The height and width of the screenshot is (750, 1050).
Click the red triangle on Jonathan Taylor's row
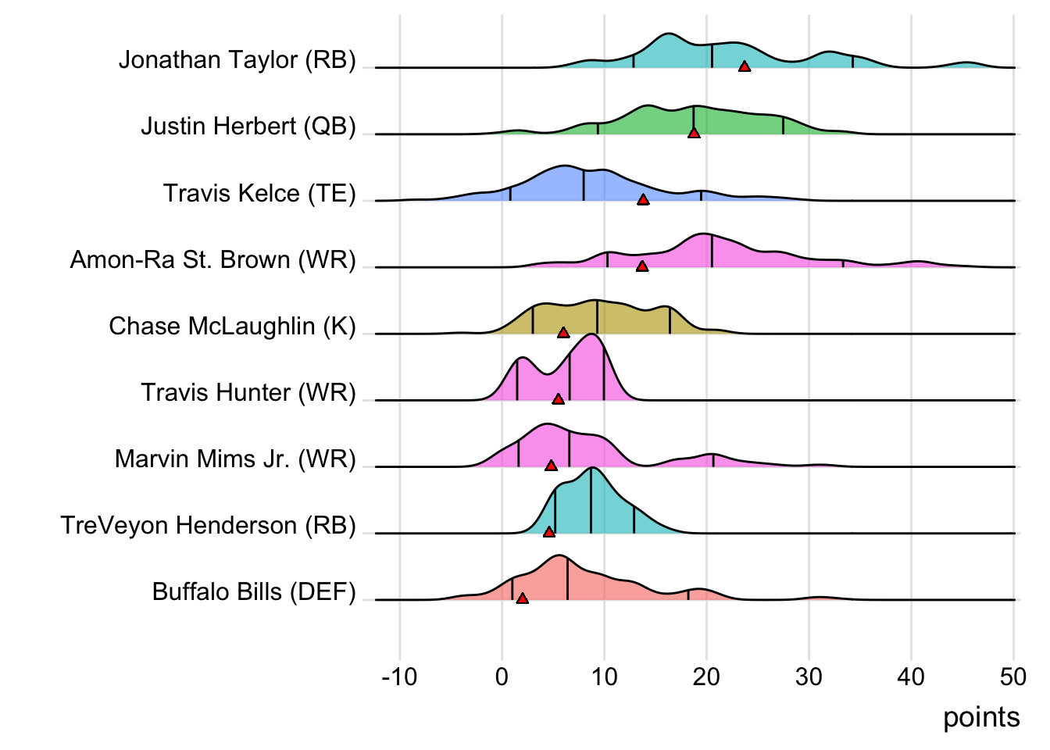click(x=745, y=67)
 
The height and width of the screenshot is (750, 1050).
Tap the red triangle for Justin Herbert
click(x=694, y=134)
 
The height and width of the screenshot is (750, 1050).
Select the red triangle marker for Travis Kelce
click(x=643, y=200)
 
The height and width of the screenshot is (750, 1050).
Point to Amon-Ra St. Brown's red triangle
click(x=642, y=266)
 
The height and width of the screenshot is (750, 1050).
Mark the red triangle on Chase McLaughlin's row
click(x=563, y=333)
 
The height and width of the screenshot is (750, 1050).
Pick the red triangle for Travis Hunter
click(x=558, y=399)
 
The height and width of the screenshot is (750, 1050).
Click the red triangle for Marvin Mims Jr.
click(x=551, y=466)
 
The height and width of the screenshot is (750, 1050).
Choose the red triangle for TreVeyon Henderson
click(x=549, y=532)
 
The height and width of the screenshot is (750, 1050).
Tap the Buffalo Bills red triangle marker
click(x=523, y=598)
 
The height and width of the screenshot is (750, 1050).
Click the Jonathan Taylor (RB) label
click(x=237, y=59)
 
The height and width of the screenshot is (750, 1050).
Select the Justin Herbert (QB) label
click(x=248, y=126)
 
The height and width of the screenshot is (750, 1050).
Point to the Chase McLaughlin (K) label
click(x=232, y=326)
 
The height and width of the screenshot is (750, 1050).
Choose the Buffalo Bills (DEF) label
click(x=254, y=591)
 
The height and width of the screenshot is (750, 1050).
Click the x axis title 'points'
click(x=981, y=717)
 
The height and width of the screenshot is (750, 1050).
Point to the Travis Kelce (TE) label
click(x=259, y=193)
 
